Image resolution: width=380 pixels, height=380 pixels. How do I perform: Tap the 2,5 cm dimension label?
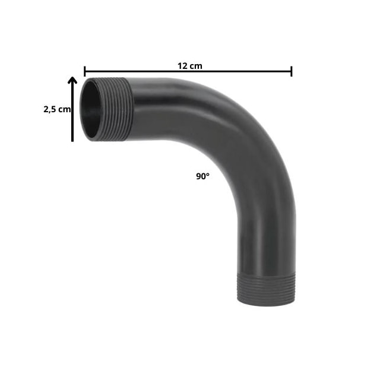pyautogui.click(x=57, y=109)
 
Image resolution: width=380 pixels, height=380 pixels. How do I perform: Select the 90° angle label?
pyautogui.click(x=202, y=176)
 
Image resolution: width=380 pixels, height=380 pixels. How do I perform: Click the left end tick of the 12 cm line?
pyautogui.click(x=84, y=71)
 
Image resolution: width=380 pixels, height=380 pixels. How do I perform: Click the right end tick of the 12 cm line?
pyautogui.click(x=292, y=71)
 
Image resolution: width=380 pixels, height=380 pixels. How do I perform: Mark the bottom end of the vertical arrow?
pyautogui.click(x=72, y=140)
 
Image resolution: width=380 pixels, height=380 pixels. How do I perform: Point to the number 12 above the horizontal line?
pyautogui.click(x=180, y=65)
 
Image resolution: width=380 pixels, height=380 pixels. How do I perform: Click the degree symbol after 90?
pyautogui.click(x=208, y=175)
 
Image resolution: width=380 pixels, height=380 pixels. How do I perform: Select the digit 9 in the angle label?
pyautogui.click(x=198, y=176)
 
